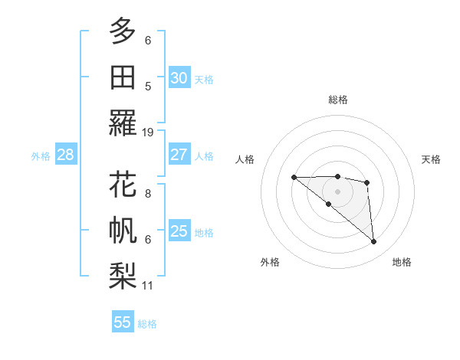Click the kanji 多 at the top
coord(123,31)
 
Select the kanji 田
coord(123,77)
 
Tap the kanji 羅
coord(123,123)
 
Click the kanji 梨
coord(123,276)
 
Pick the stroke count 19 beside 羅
coord(148,132)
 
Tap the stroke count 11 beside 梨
coord(148,286)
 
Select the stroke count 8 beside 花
coord(148,194)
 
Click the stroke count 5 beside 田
coord(148,86)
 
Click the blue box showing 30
coord(179,78)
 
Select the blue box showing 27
coord(179,155)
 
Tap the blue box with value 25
coord(179,231)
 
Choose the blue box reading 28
coord(66,155)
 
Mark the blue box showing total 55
coord(123,322)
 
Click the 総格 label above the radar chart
coord(338,100)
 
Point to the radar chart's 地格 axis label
coord(402,263)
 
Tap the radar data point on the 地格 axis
coord(374,242)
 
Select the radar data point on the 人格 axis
coord(294,178)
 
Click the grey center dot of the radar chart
coord(338,191)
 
